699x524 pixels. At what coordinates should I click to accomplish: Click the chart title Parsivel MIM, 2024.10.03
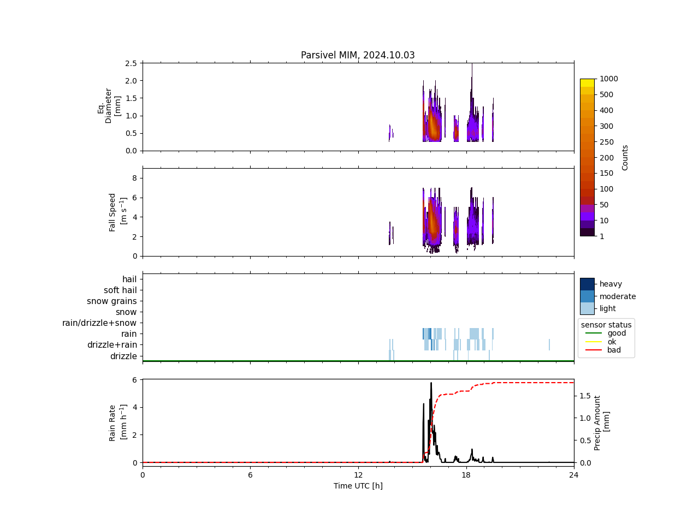click(358, 55)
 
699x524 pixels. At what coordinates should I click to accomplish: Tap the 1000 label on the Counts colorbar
click(609, 79)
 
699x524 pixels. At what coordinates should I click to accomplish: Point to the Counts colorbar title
click(625, 157)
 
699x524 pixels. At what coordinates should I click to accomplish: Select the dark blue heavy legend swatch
click(587, 284)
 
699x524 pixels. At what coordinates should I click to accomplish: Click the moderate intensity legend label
click(618, 296)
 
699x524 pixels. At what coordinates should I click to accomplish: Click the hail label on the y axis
click(129, 279)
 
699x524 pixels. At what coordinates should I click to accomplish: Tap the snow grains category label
click(112, 301)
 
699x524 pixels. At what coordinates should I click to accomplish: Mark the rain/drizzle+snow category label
click(99, 323)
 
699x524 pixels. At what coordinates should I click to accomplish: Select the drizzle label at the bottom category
click(123, 356)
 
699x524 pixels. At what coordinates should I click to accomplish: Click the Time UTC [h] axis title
click(358, 486)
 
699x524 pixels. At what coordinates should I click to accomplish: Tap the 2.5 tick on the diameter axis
click(131, 63)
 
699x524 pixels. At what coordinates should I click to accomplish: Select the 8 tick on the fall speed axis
click(134, 178)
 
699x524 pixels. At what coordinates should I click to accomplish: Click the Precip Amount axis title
click(601, 423)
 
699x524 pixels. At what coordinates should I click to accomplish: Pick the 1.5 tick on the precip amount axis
click(585, 396)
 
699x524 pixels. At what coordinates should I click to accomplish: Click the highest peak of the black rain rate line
click(431, 383)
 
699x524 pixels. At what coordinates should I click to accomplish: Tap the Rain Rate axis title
click(117, 423)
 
